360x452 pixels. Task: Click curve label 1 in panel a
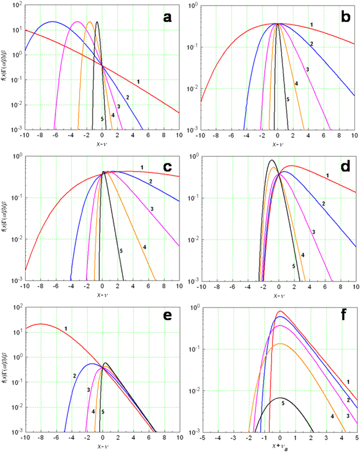[138, 81]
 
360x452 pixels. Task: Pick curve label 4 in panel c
[144, 247]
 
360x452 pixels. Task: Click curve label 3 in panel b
[307, 69]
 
